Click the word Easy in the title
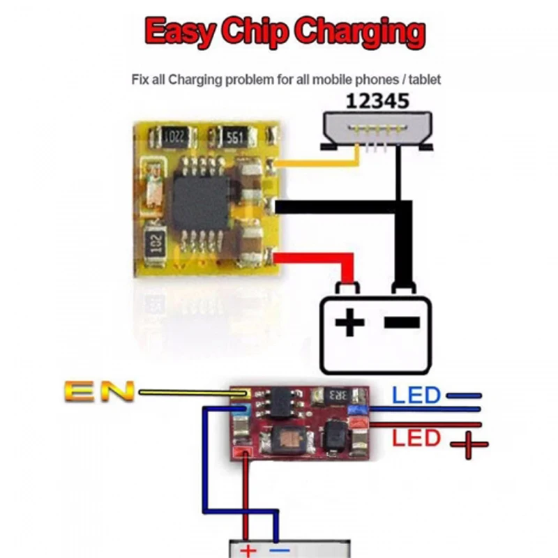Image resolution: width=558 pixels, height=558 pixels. (x=181, y=31)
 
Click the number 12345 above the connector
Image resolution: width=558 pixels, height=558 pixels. (x=378, y=102)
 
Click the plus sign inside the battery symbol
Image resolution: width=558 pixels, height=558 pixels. (x=350, y=322)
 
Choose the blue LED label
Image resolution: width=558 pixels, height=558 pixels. (x=416, y=396)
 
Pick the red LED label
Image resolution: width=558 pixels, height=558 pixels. (x=416, y=438)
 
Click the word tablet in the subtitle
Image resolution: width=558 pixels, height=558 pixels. (x=425, y=80)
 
